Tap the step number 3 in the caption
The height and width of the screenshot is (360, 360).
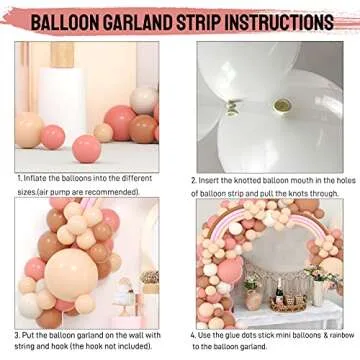(x=18, y=335)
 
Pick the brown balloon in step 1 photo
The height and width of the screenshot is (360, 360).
(x=148, y=130)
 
